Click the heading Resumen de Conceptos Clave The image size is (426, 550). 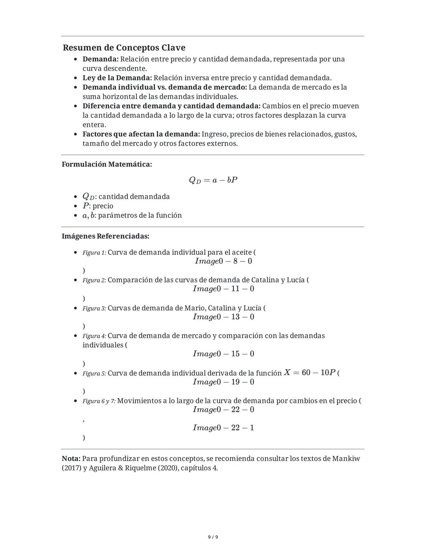pyautogui.click(x=124, y=48)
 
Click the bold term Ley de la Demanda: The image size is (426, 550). pyautogui.click(x=117, y=78)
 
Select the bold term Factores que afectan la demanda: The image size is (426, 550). pyautogui.click(x=141, y=134)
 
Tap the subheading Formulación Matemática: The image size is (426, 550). pyautogui.click(x=106, y=165)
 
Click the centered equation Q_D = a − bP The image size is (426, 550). pyautogui.click(x=213, y=180)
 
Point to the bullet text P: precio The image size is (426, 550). pyautogui.click(x=98, y=206)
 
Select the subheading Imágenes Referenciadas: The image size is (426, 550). pyautogui.click(x=105, y=236)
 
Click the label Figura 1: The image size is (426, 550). pyautogui.click(x=94, y=253)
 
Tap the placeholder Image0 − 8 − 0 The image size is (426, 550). pyautogui.click(x=223, y=261)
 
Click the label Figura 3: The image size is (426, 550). pyautogui.click(x=94, y=308)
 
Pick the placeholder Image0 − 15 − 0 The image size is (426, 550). pyautogui.click(x=223, y=354)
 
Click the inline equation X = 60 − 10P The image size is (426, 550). pyautogui.click(x=310, y=372)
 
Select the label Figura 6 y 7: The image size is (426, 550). pyautogui.click(x=99, y=401)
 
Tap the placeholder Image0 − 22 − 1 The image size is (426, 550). pyautogui.click(x=223, y=428)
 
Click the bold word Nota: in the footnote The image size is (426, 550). pyautogui.click(x=71, y=459)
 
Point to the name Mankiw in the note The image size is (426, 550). pyautogui.click(x=346, y=459)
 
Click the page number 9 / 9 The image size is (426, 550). pyautogui.click(x=213, y=537)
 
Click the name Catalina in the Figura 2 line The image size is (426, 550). pyautogui.click(x=265, y=280)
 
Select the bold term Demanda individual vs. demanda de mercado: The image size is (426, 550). pyautogui.click(x=164, y=87)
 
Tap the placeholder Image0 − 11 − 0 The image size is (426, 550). pyautogui.click(x=223, y=289)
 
